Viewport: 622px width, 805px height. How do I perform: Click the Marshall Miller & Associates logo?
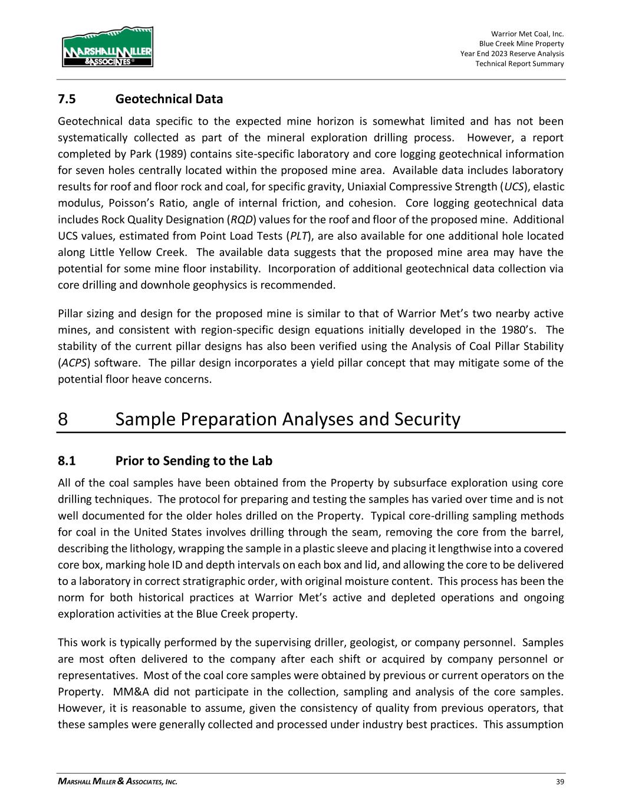pyautogui.click(x=107, y=47)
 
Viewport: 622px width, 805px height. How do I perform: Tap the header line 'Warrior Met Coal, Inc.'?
pyautogui.click(x=527, y=34)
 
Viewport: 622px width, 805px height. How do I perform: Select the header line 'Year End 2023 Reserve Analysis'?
pyautogui.click(x=512, y=54)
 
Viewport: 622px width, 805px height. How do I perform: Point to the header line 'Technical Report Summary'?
pyautogui.click(x=519, y=64)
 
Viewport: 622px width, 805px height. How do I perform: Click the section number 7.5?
pyautogui.click(x=67, y=98)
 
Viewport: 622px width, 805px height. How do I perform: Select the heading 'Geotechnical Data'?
pyautogui.click(x=169, y=98)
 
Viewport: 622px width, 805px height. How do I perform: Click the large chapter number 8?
pyautogui.click(x=63, y=419)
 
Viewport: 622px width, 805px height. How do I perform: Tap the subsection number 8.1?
pyautogui.click(x=67, y=460)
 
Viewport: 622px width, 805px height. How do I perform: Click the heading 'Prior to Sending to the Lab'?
pyautogui.click(x=194, y=460)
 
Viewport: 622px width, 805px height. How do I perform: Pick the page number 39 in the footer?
pyautogui.click(x=560, y=782)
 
